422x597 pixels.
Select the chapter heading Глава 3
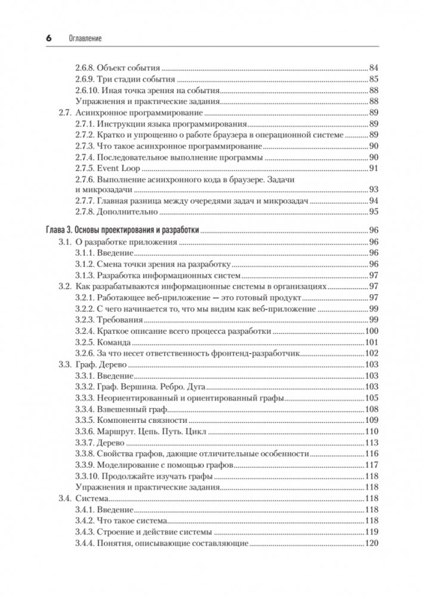[x=60, y=230]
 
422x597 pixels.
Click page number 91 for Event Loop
[x=374, y=169]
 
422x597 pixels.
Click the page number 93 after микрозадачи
[x=374, y=190]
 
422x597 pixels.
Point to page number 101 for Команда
[x=371, y=342]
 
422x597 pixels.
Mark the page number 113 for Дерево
[x=371, y=443]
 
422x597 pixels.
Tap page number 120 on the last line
[x=371, y=543]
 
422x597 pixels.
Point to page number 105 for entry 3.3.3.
[x=371, y=398]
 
